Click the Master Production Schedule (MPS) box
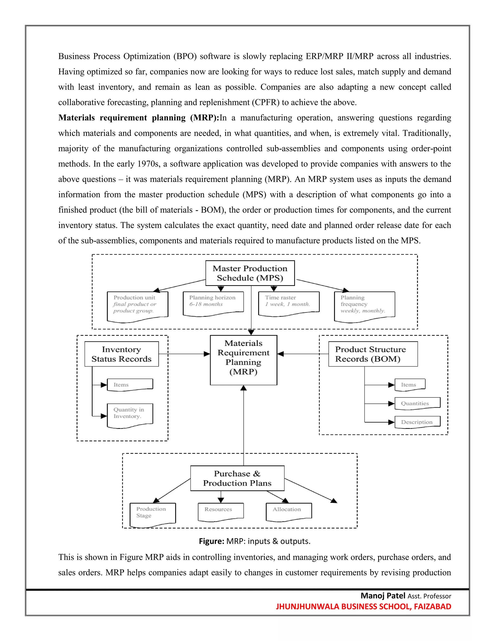point(250,273)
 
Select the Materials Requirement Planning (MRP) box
point(243,360)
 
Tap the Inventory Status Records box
point(121,354)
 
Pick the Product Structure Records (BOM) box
point(373,354)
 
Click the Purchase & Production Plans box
point(237,478)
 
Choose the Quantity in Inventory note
point(130,415)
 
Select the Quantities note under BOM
point(417,403)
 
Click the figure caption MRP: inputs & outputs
point(255,541)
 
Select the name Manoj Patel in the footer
point(383,596)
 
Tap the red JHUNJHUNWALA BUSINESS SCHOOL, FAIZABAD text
point(363,606)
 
